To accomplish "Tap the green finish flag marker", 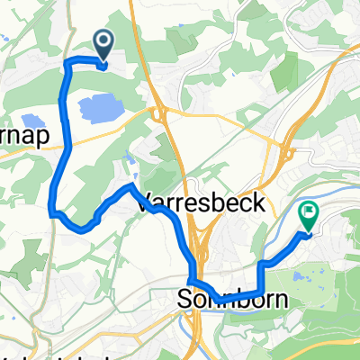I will coord(308,215).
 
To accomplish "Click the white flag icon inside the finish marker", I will coord(309,212).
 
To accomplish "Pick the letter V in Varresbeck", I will coord(143,204).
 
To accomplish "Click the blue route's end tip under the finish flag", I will coord(307,234).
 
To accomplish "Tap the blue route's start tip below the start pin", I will coord(104,64).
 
